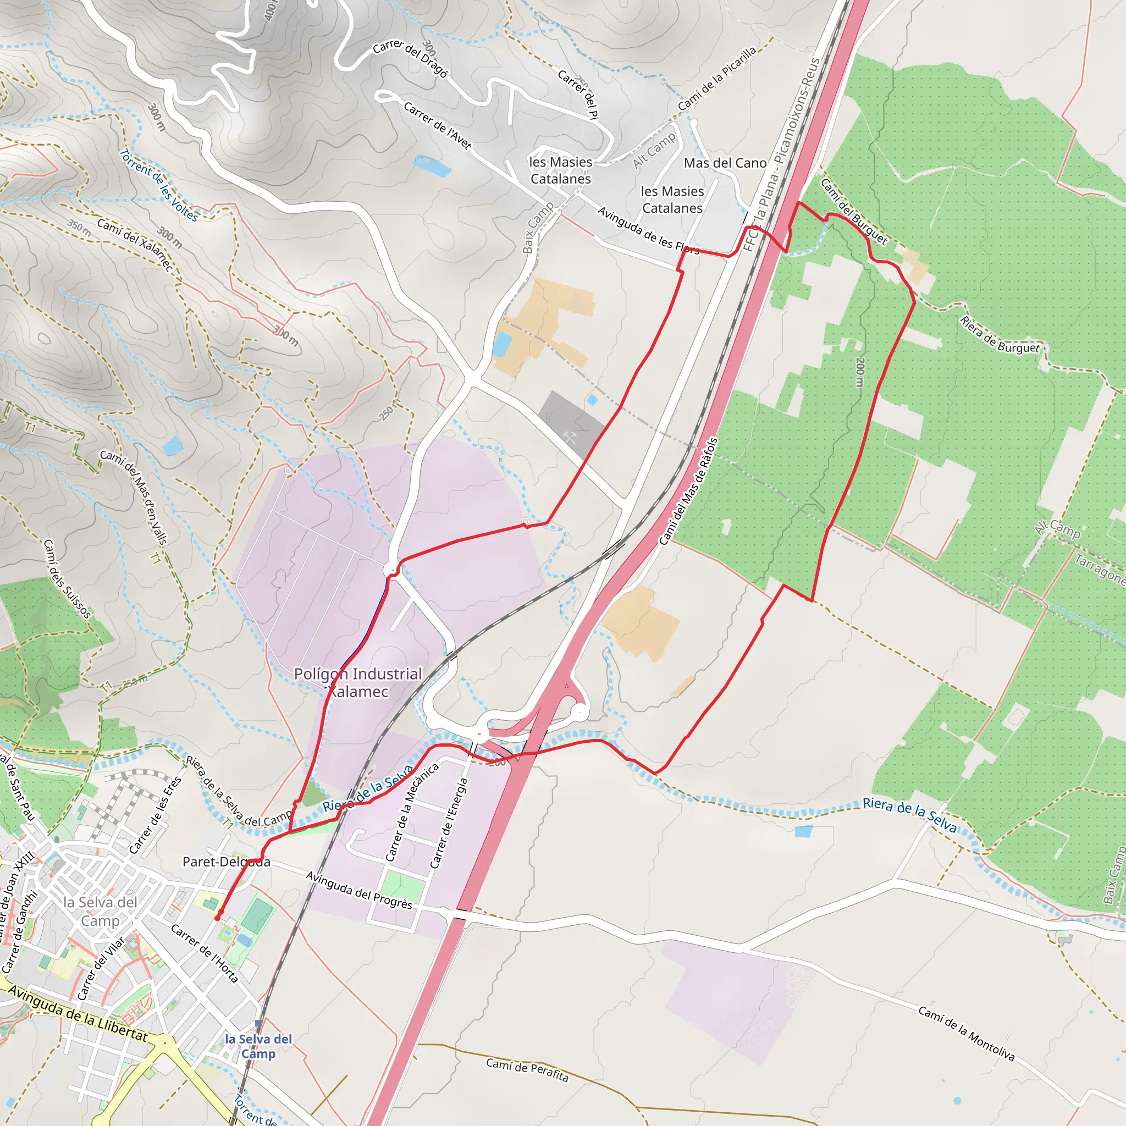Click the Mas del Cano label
(x=725, y=163)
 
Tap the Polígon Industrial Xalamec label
(x=358, y=682)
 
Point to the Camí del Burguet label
(x=854, y=211)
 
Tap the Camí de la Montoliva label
(x=967, y=1033)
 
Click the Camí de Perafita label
(x=527, y=1069)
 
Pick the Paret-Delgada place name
(x=226, y=862)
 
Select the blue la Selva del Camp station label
(x=258, y=1046)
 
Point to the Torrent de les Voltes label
(x=159, y=185)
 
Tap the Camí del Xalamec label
(x=135, y=245)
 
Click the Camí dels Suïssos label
(x=67, y=579)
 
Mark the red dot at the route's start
(x=217, y=918)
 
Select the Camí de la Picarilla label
(x=717, y=78)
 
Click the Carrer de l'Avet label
(x=437, y=125)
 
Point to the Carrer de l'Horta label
(x=205, y=953)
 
